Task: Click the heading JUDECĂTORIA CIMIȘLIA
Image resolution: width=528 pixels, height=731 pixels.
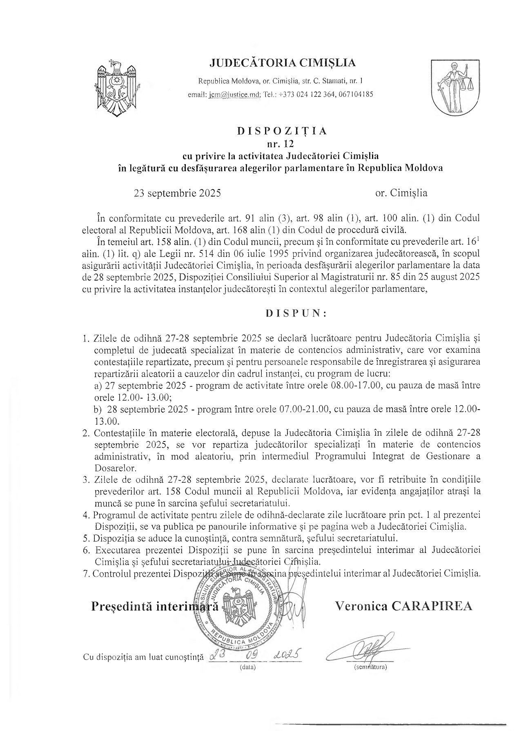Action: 282,63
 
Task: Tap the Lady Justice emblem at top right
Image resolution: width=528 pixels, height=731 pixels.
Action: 456,87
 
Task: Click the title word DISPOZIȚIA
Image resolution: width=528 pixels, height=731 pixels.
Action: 282,131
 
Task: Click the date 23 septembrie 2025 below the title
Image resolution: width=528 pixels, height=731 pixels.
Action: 177,193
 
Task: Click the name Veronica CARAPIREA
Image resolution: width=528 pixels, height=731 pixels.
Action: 403,606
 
